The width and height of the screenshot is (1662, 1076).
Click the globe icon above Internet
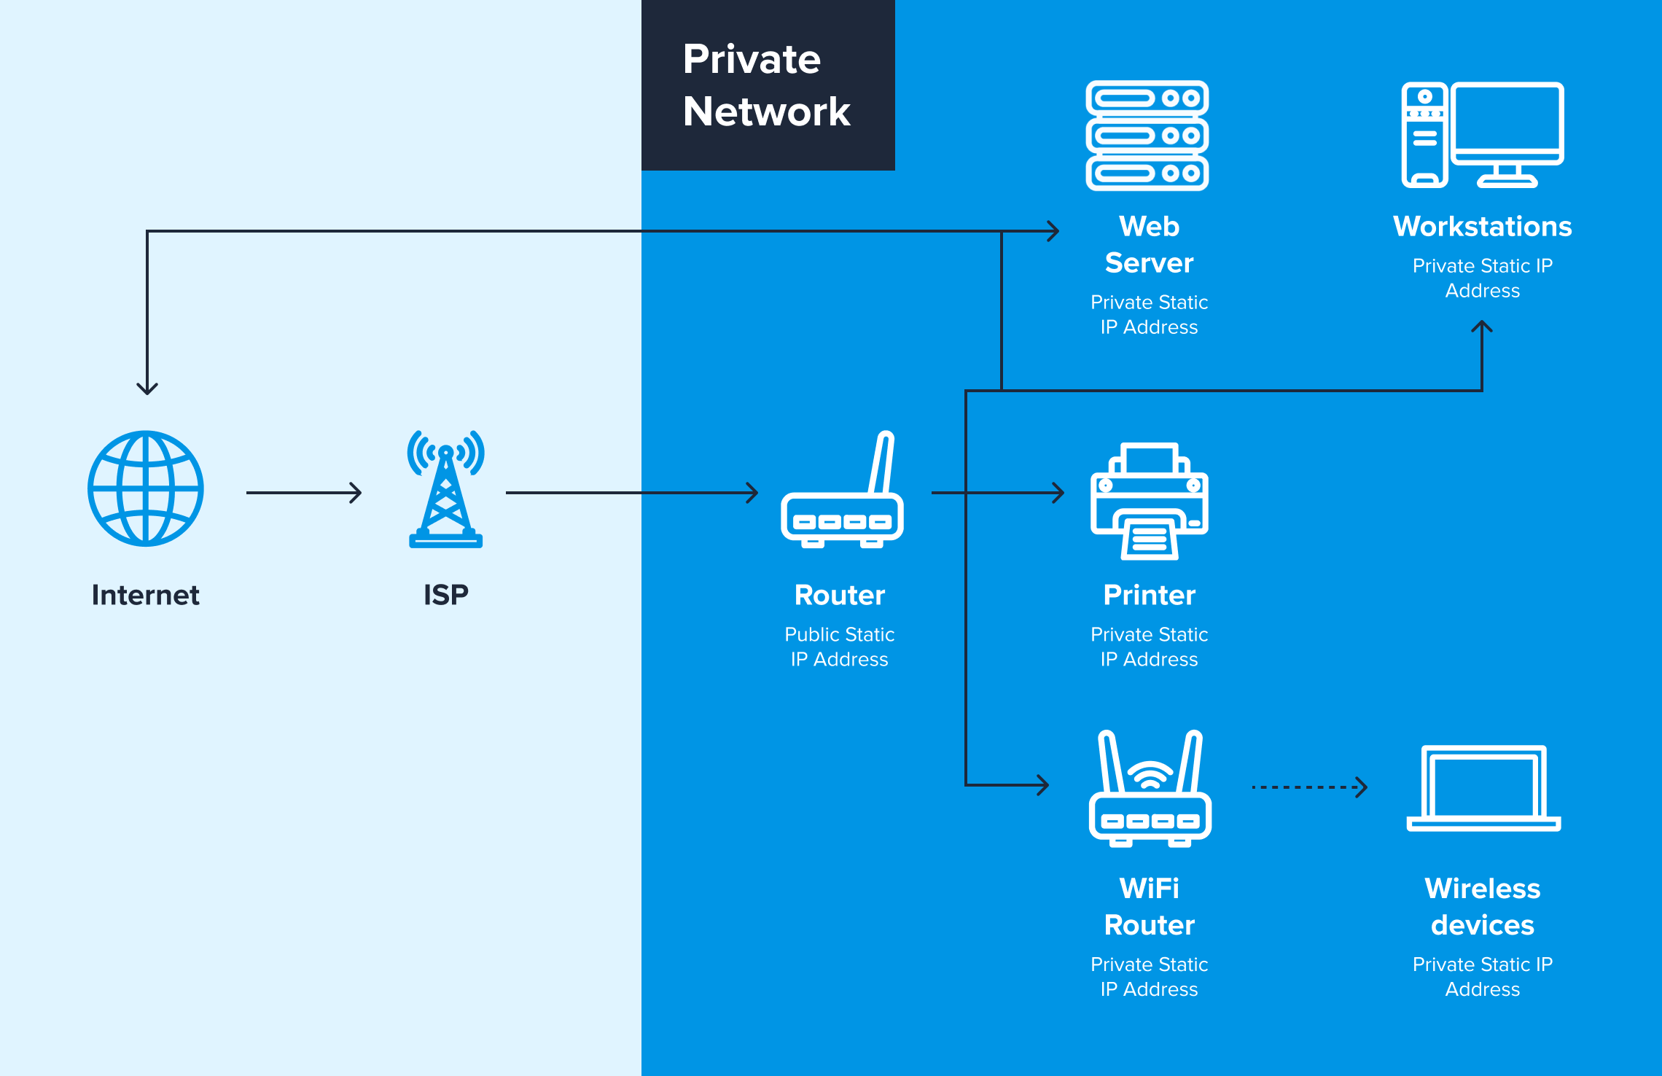[146, 488]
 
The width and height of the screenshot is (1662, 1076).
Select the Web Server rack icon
[1147, 136]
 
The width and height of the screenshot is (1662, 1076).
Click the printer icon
[1150, 502]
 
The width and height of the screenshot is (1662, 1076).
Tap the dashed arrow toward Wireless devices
[1309, 787]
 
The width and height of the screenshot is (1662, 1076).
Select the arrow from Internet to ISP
[304, 493]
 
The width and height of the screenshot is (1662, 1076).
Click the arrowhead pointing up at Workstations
[1482, 327]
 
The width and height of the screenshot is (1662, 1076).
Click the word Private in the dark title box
[752, 59]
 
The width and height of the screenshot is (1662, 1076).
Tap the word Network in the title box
[767, 112]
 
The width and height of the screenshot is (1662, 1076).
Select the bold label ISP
[446, 595]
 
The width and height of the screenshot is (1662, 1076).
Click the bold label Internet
[146, 595]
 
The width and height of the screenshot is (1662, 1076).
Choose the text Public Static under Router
[840, 634]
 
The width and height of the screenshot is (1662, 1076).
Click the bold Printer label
[1150, 595]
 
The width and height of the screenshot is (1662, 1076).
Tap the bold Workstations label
[1483, 227]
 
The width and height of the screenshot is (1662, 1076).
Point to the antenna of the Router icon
[881, 462]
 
